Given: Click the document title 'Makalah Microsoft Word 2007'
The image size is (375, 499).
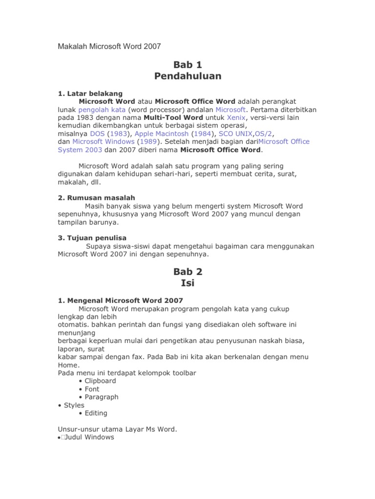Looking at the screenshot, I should point(109,46).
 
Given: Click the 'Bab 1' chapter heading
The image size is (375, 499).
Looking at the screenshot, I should point(187,65).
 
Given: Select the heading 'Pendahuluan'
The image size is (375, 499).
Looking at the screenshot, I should point(187,76).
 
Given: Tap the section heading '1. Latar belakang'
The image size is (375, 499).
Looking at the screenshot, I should point(90,93).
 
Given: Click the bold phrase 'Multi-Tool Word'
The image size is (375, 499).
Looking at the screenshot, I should point(167,117).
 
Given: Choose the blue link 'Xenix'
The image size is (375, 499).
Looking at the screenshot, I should point(236,117).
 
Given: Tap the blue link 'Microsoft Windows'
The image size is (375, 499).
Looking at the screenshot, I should point(103,141).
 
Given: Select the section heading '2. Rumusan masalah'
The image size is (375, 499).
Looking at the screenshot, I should point(96,198).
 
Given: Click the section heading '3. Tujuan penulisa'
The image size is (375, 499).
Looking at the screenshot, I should point(92,238).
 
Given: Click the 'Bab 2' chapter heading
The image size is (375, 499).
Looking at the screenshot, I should point(187,271).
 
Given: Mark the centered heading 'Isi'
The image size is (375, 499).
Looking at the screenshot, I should point(187,283).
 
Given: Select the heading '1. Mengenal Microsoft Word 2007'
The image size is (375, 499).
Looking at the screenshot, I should point(120,300).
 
